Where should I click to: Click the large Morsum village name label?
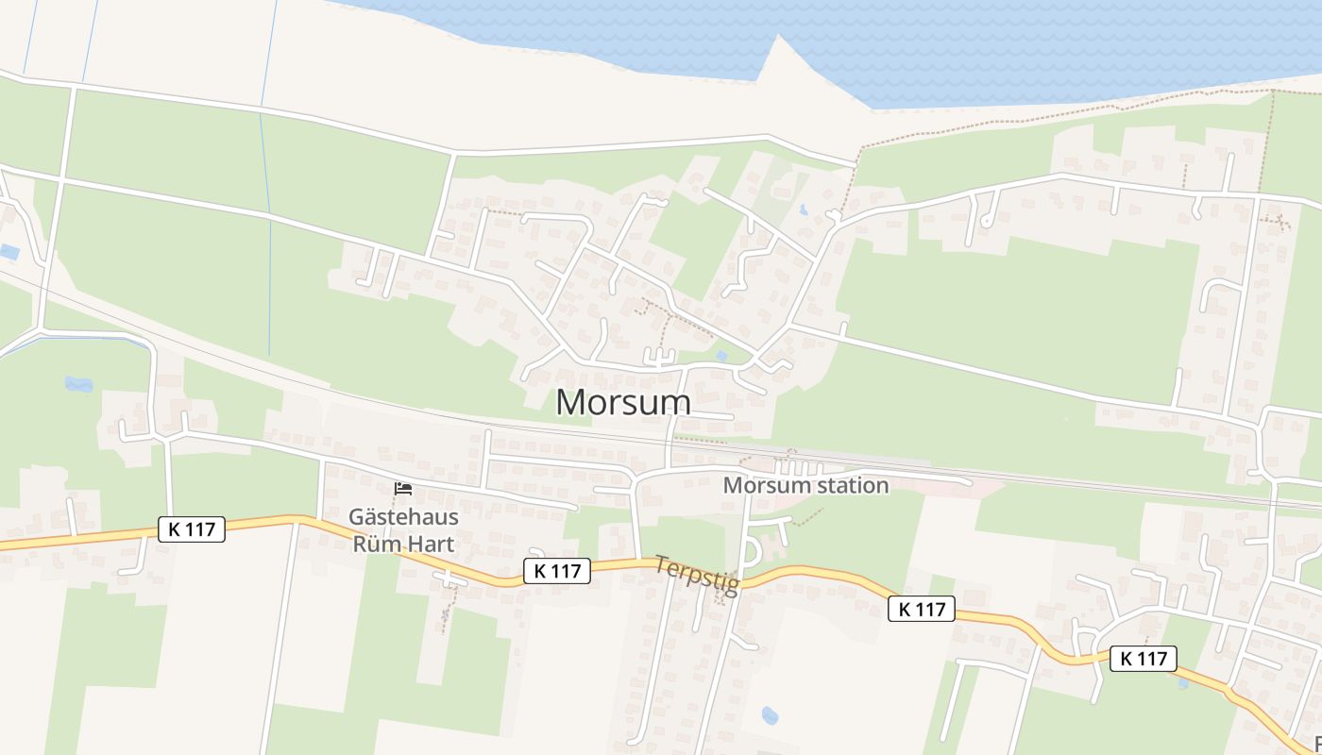pos(623,402)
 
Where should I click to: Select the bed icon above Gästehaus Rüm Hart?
pos(403,489)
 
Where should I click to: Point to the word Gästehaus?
pos(403,517)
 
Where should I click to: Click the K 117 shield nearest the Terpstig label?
pos(557,570)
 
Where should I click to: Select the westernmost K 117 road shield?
pos(192,529)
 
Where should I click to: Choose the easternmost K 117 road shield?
pos(1144,659)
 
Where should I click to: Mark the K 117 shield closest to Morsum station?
pos(922,610)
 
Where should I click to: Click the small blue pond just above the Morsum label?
pos(721,356)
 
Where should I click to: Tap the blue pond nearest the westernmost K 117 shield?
pos(78,384)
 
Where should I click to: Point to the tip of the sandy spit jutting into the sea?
pos(779,37)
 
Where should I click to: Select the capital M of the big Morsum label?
pos(569,402)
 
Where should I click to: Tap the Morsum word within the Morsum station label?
pos(767,485)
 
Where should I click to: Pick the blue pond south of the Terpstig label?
pos(770,715)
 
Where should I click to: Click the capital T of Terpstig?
pos(661,565)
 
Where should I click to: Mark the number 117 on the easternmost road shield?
pos(1153,659)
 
